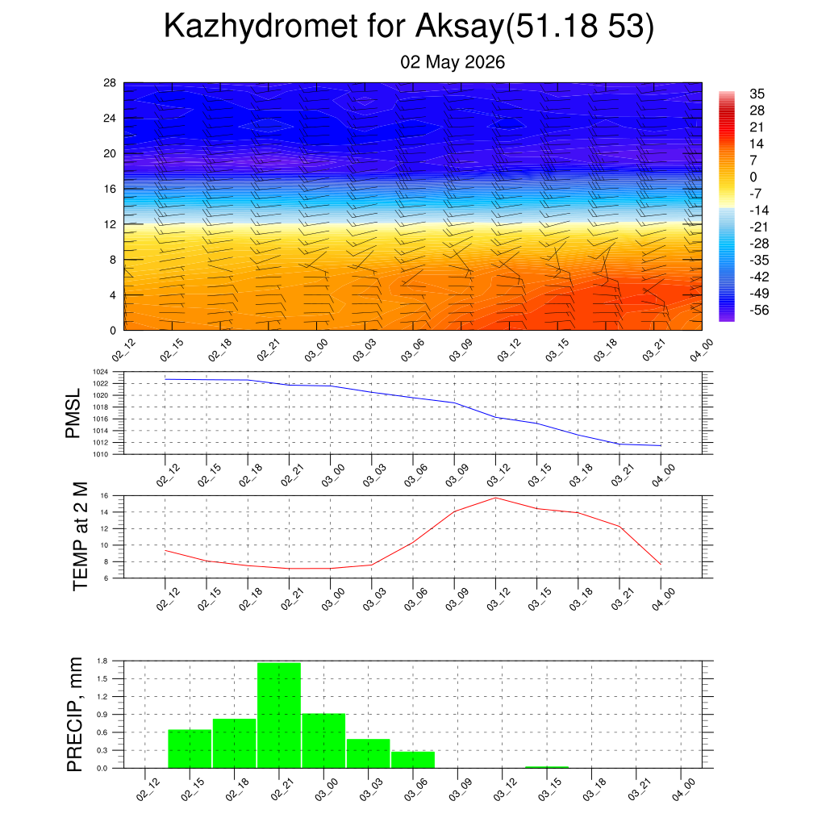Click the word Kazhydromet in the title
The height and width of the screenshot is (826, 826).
click(x=261, y=27)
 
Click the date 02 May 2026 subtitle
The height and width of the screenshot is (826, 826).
click(x=453, y=62)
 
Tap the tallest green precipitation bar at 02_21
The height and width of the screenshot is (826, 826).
click(x=279, y=715)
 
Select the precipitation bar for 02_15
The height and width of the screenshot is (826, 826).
click(x=190, y=749)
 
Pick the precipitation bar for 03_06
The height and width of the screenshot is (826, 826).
click(x=413, y=760)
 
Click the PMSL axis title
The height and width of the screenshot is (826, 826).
click(x=73, y=414)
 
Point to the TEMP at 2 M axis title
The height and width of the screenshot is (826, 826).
click(x=80, y=536)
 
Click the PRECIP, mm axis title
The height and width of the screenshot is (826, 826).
click(x=75, y=715)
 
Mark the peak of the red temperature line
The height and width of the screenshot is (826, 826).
click(x=495, y=498)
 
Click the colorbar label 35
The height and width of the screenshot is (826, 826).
click(x=757, y=94)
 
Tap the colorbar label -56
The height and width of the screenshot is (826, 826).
click(x=759, y=310)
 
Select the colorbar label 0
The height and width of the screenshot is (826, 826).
click(x=753, y=177)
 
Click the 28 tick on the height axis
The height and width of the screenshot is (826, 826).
click(x=110, y=83)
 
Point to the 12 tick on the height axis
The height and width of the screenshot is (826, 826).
click(x=110, y=224)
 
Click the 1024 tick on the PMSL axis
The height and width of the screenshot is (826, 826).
click(x=100, y=372)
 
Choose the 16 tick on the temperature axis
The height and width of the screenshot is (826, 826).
click(x=104, y=496)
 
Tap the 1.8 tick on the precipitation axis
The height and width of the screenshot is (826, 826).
click(x=102, y=661)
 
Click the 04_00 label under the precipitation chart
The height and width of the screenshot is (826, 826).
click(x=684, y=790)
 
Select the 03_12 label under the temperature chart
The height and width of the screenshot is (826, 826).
click(x=499, y=599)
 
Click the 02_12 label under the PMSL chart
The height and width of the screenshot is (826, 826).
click(x=168, y=475)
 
